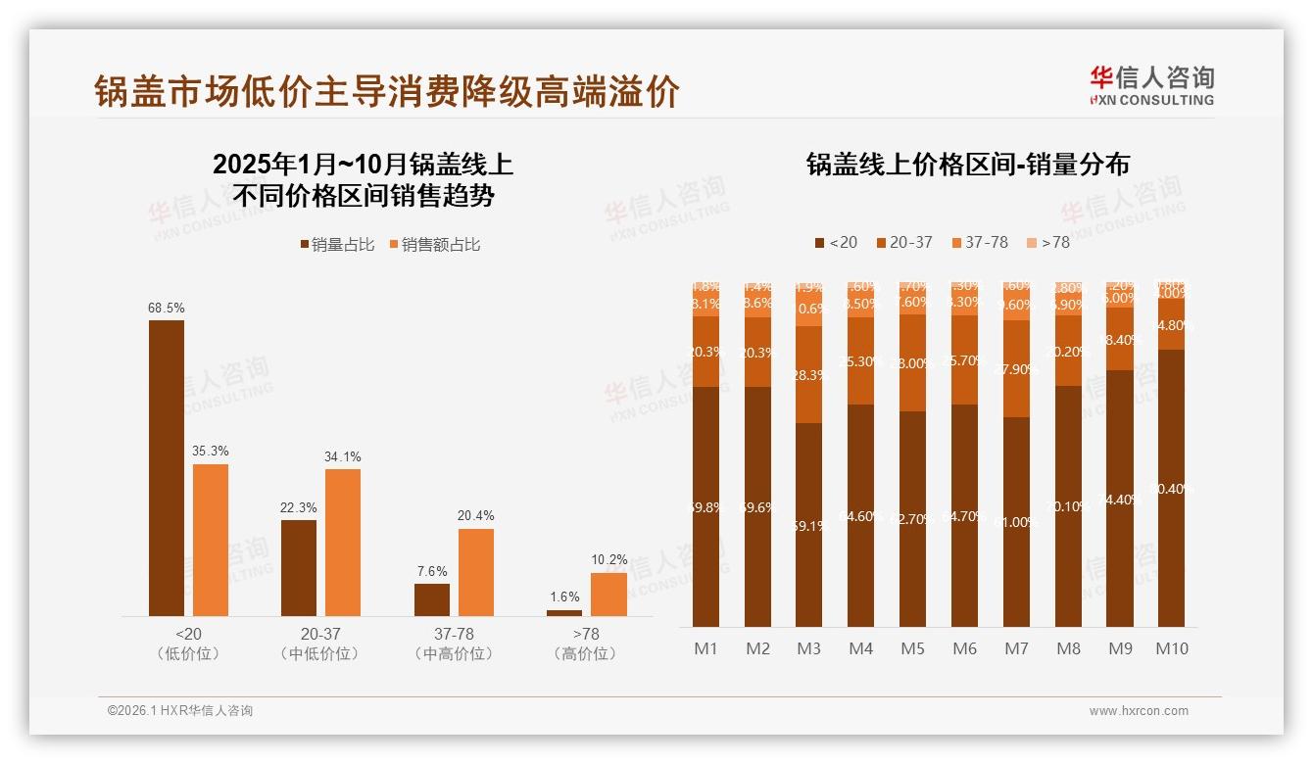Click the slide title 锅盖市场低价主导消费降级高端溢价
[386, 92]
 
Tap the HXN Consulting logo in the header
[1151, 86]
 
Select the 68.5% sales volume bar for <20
[166, 467]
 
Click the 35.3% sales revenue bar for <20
[210, 540]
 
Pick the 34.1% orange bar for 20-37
[343, 542]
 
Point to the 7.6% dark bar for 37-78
[431, 599]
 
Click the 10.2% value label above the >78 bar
[608, 560]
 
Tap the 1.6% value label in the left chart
[563, 597]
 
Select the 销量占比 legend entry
[337, 245]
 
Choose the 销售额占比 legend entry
[435, 245]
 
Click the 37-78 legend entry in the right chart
[979, 242]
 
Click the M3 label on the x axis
[808, 648]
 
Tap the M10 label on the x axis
[1171, 648]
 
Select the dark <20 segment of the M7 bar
[1016, 522]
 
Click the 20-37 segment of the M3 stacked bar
[808, 374]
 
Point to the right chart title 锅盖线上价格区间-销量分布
[967, 165]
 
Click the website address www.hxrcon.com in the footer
[1138, 711]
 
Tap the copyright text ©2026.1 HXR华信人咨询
[179, 711]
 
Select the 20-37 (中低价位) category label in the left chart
[319, 644]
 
